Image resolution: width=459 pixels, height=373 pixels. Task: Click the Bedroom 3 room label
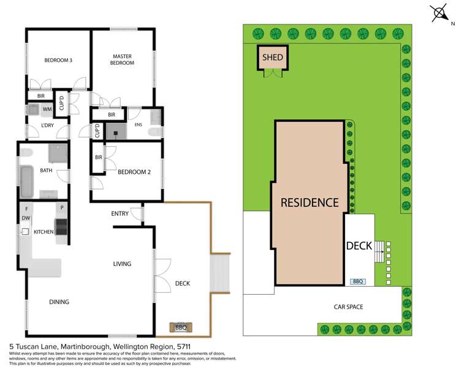click(x=58, y=60)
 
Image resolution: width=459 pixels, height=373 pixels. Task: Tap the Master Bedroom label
click(x=122, y=59)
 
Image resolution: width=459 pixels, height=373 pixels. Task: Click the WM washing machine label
click(x=47, y=109)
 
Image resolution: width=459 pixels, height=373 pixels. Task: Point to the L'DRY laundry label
click(x=48, y=125)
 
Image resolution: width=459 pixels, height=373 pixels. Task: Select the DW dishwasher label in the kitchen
click(x=26, y=218)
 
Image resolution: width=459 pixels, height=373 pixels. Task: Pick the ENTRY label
click(x=119, y=213)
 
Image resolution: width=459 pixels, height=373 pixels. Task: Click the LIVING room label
click(x=122, y=264)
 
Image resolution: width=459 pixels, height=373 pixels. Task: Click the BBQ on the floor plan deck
click(x=181, y=327)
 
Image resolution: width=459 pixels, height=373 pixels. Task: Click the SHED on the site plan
click(x=273, y=58)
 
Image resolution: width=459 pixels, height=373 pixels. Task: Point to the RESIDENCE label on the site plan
click(x=309, y=202)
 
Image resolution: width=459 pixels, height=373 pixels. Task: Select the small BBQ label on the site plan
click(x=358, y=282)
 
